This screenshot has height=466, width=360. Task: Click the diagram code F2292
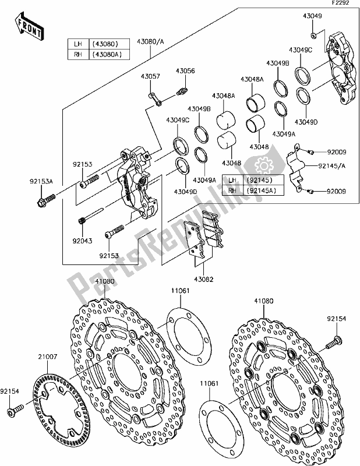click(x=341, y=3)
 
